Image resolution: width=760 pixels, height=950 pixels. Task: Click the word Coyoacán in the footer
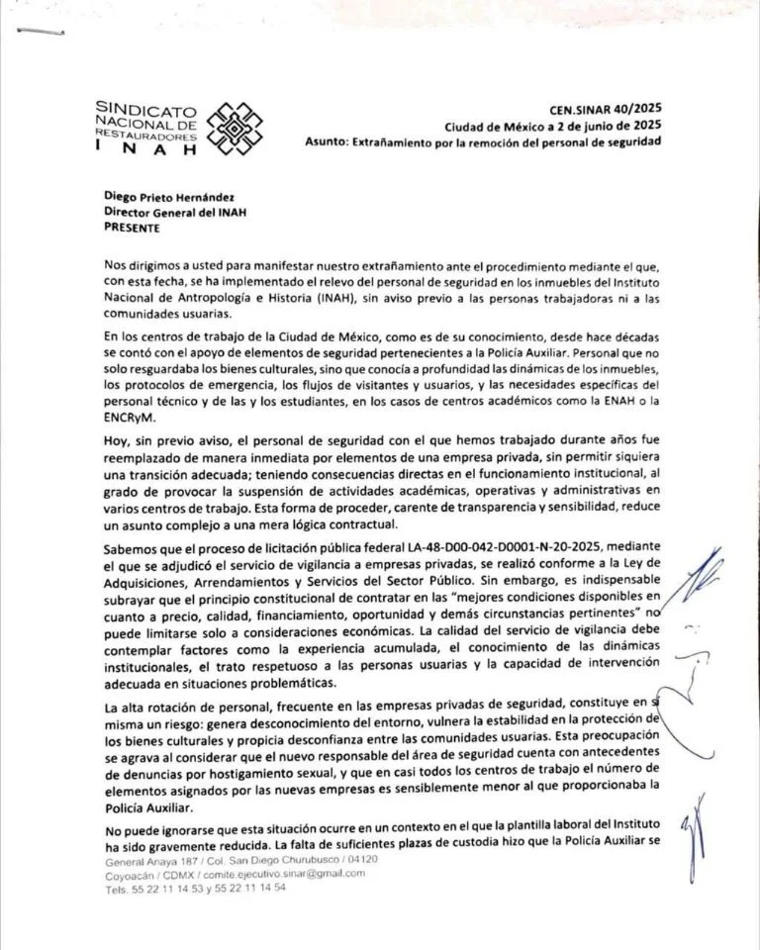[131, 874]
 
